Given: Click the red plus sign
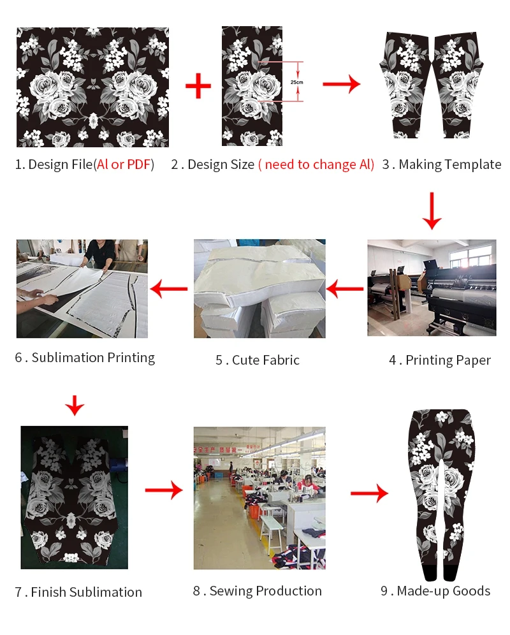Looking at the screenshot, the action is (198, 85).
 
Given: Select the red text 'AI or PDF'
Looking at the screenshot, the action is (124, 164).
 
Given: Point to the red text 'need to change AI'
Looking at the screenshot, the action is (316, 164).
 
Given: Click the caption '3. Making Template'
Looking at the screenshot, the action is (442, 164).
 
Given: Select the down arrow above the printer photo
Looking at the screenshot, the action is (432, 211).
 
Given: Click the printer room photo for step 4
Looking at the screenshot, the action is (432, 288).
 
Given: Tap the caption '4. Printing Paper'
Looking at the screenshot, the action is (440, 360).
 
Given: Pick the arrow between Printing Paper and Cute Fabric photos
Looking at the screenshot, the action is (345, 290).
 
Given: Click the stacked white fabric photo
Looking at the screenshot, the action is (259, 288).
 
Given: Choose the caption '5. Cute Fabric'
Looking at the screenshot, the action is (258, 360).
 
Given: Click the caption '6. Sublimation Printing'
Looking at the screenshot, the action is (85, 358).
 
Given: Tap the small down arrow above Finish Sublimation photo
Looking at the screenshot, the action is (75, 405).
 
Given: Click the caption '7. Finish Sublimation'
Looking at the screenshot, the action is (78, 592).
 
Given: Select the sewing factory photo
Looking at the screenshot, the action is (259, 498).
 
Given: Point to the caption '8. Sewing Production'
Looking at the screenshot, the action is (258, 591).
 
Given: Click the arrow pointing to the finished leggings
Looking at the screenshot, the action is (369, 493).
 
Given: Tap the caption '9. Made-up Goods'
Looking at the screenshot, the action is (435, 591).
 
